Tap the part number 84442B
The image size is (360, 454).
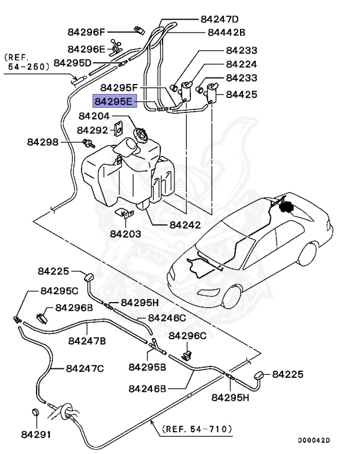coord(226,33)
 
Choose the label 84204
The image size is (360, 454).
coord(98,117)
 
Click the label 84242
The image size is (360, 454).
coord(184,225)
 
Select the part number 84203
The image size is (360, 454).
coord(125,234)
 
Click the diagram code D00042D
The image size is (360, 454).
coord(314,440)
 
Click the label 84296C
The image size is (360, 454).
coord(187,336)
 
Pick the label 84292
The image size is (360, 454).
coord(93,129)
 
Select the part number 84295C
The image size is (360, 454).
coord(59,291)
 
